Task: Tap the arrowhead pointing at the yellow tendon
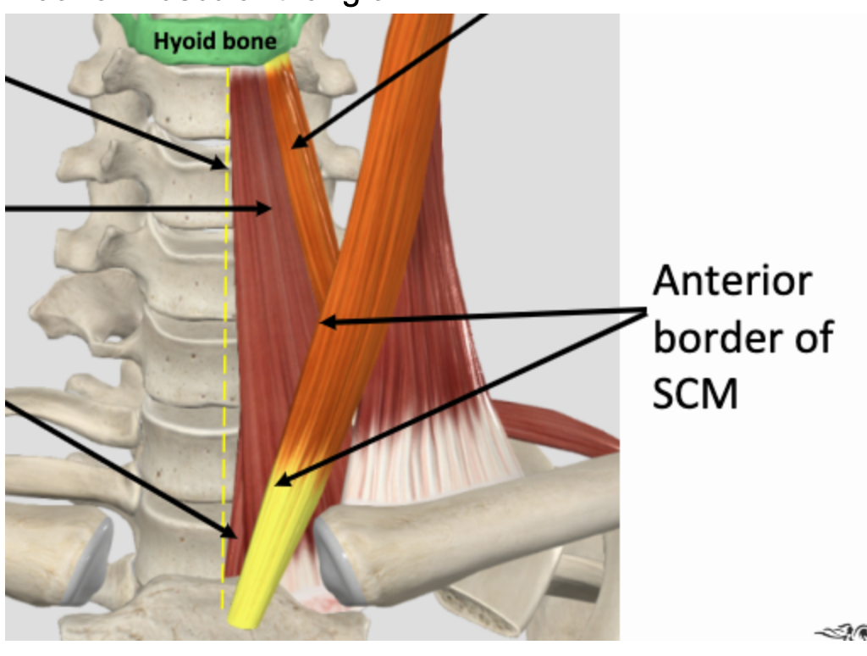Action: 282,479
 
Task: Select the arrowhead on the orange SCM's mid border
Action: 326,322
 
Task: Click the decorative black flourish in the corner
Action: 842,632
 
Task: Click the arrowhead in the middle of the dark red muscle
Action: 268,207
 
